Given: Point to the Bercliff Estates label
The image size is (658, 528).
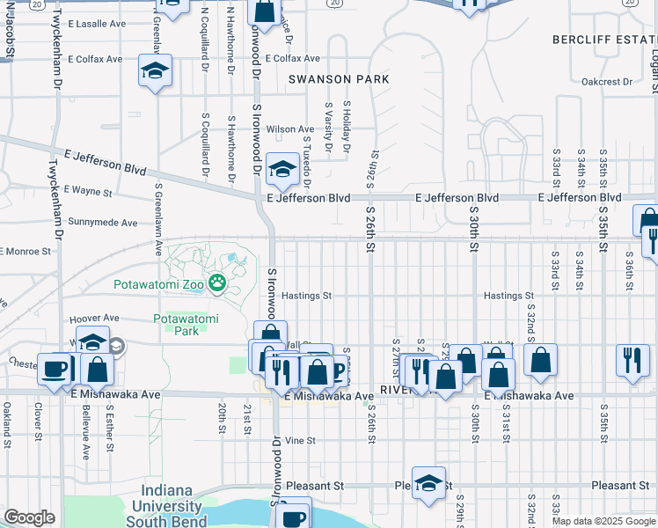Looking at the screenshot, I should point(604,40).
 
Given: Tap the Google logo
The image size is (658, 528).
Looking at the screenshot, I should point(29,517).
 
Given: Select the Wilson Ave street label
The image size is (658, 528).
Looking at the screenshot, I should point(290,129).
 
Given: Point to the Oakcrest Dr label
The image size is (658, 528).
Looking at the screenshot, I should point(606,82).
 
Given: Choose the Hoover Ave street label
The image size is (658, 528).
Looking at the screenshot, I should point(93,318).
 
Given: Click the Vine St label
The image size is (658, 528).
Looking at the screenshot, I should point(300,440).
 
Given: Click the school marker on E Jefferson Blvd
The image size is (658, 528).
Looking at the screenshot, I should point(282,170).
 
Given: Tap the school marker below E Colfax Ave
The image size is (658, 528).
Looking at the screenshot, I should point(156,72).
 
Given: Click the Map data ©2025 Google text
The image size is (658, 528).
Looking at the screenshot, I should point(603,521).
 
